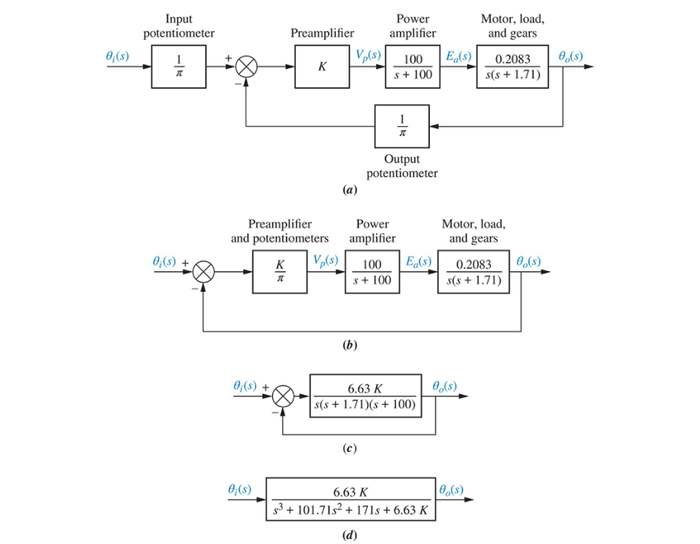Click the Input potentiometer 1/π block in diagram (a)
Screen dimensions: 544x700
[179, 67]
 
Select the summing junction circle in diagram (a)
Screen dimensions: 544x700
[247, 67]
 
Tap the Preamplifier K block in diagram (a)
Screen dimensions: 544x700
[322, 67]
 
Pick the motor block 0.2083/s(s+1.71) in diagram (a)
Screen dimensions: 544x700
[512, 67]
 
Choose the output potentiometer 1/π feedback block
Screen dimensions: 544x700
[402, 126]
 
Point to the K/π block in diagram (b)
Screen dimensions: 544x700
[280, 272]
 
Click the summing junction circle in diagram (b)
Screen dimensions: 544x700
[204, 272]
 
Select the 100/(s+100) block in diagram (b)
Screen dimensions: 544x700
[372, 272]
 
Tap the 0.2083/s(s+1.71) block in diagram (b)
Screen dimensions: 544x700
[473, 272]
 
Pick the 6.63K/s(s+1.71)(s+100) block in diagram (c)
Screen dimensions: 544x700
[369, 397]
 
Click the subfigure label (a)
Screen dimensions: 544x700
[350, 190]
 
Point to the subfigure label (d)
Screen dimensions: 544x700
[350, 533]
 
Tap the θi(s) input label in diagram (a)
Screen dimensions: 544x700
[120, 56]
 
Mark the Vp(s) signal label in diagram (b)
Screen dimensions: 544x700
[326, 261]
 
